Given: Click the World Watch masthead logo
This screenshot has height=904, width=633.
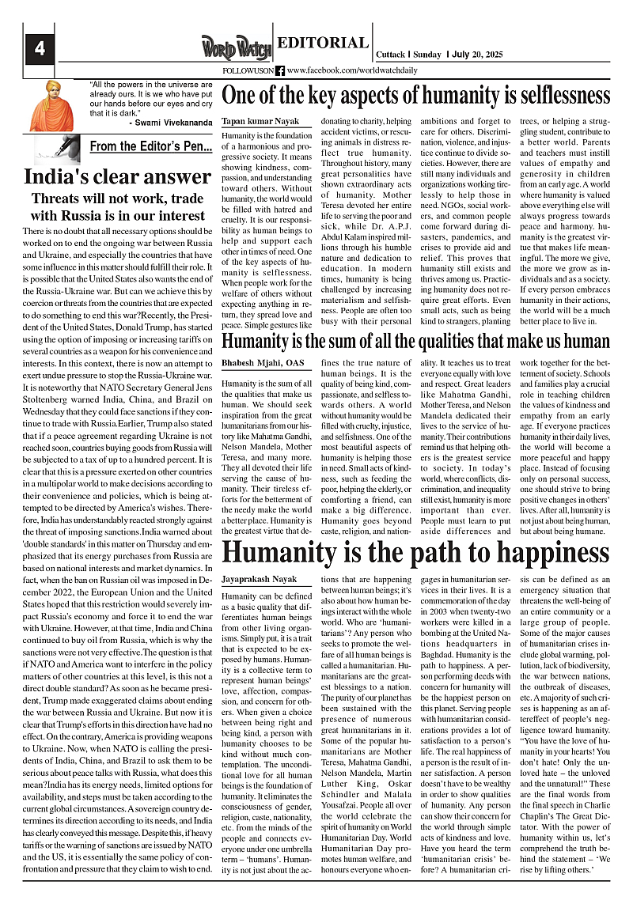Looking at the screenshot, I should pos(236,48).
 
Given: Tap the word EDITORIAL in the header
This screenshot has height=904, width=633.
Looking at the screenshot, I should pos(323,43).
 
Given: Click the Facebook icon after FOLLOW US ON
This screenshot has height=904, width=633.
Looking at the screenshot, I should pos(279,70).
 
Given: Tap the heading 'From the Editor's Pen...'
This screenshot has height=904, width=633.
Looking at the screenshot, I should pos(150,146).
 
